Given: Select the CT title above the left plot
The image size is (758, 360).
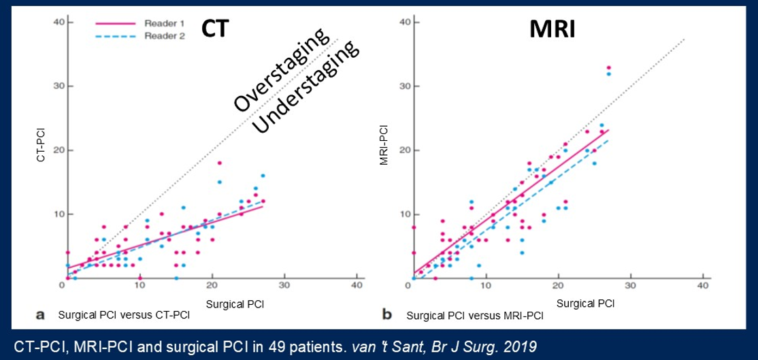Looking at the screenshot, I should [x=215, y=30].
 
